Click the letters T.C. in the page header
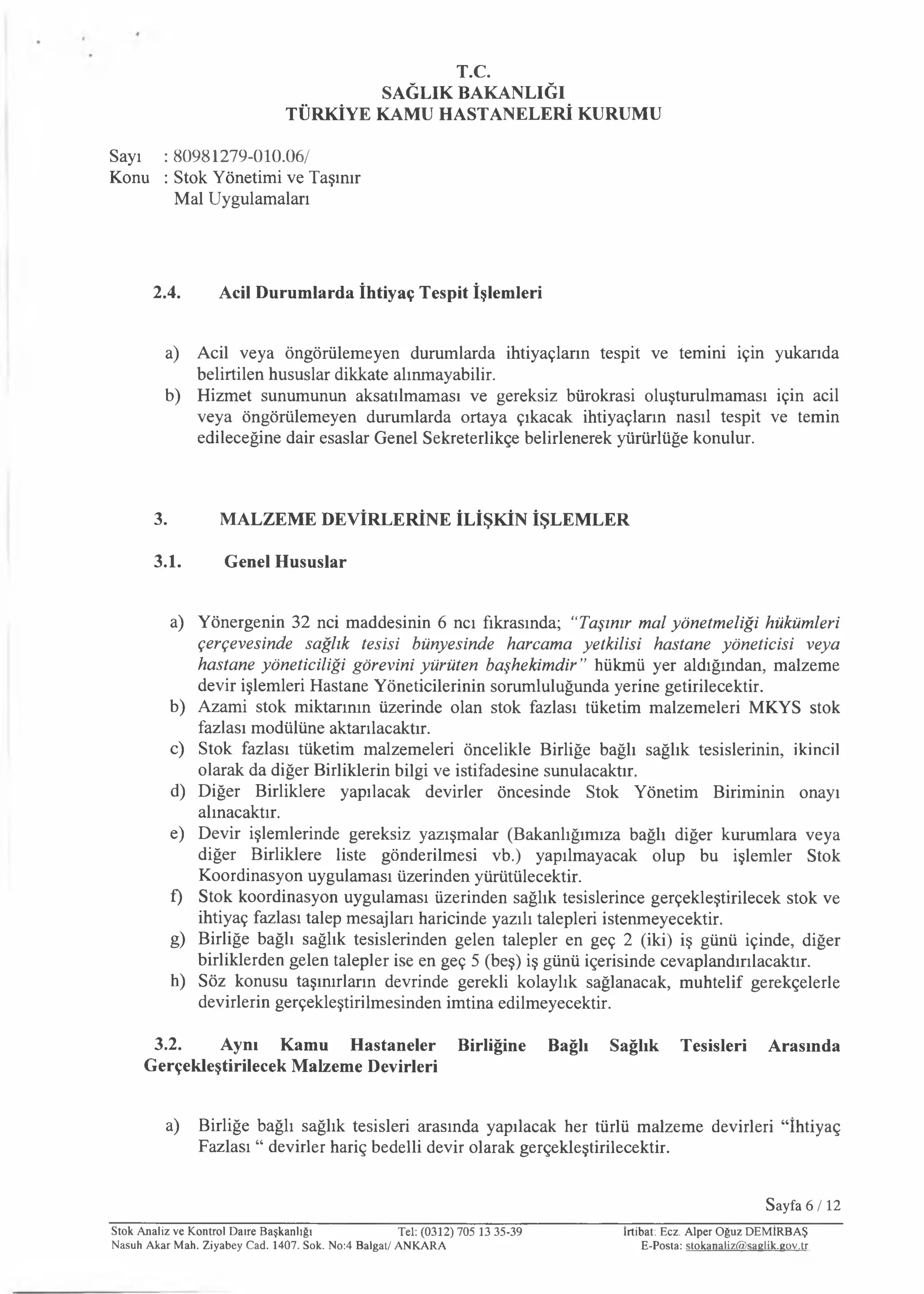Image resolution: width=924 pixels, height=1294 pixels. click(x=473, y=72)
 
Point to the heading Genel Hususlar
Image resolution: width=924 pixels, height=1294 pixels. click(x=285, y=562)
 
